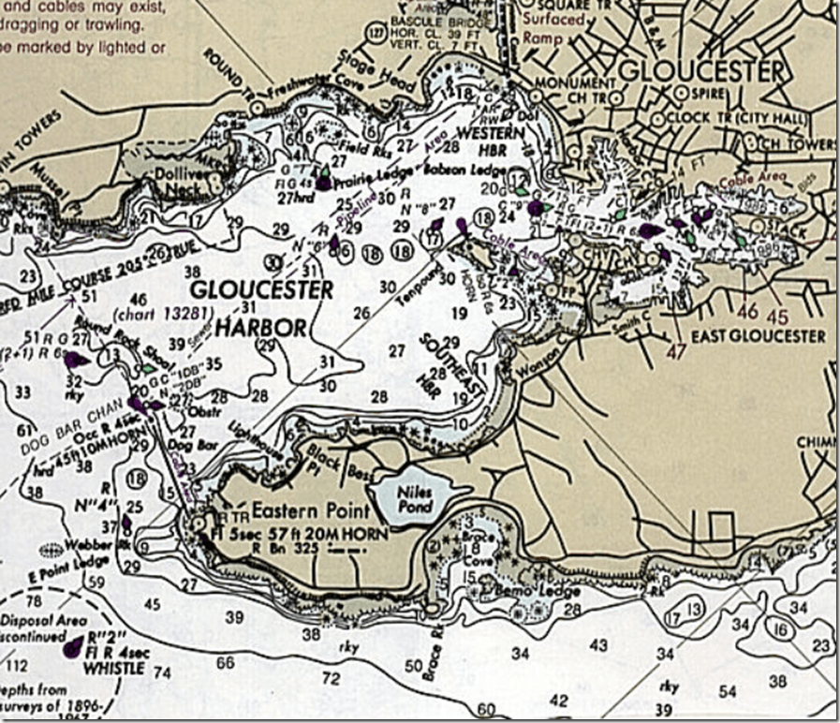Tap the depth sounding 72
point(331,677)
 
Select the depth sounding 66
point(226,663)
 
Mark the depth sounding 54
point(727,691)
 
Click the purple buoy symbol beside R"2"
point(71,647)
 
